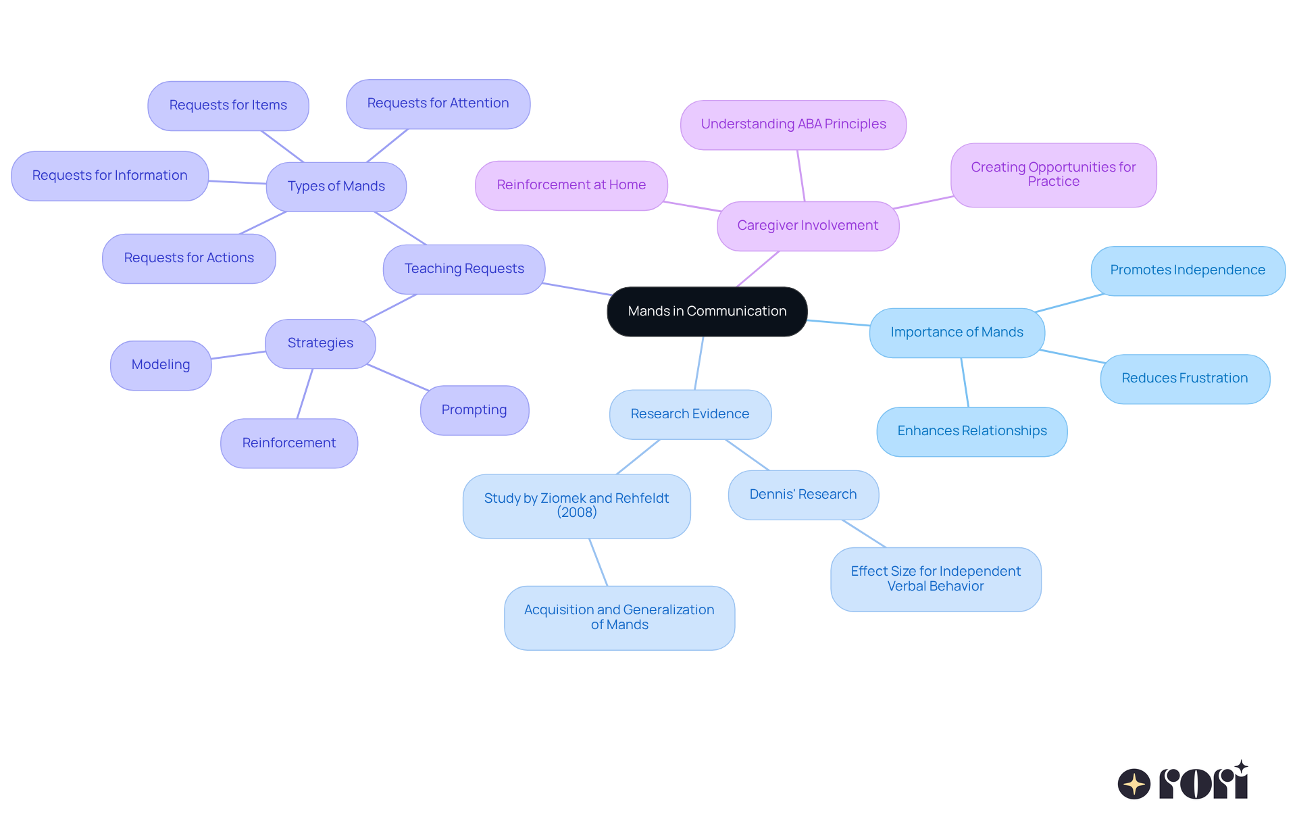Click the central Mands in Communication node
(x=707, y=312)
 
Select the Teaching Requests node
(x=464, y=269)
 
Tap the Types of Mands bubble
(x=336, y=186)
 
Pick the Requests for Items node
(x=228, y=105)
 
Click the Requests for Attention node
(x=438, y=103)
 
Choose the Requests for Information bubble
(x=109, y=176)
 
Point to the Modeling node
(x=161, y=365)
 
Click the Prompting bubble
(x=474, y=410)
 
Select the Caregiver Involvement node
(x=807, y=226)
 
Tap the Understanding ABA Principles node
(x=793, y=124)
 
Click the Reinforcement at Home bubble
(x=571, y=185)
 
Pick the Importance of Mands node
(x=957, y=332)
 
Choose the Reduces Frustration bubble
(x=1184, y=378)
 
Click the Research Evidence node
(x=690, y=414)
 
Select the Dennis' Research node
(x=803, y=495)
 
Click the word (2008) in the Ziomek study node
(x=577, y=513)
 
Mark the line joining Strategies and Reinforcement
(x=305, y=394)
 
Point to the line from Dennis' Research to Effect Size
(x=863, y=533)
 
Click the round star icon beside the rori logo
(x=1134, y=784)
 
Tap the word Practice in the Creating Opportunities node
(x=1053, y=182)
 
